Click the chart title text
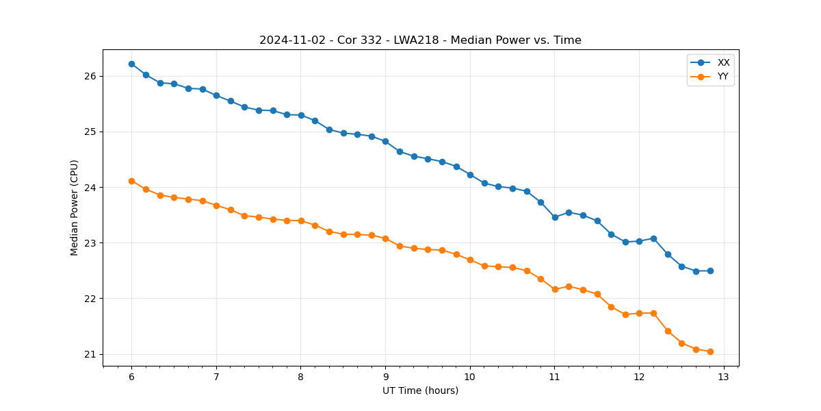(420, 40)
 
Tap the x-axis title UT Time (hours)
(420, 390)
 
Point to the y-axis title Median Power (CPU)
(75, 208)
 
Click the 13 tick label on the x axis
(724, 377)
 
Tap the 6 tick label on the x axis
(131, 377)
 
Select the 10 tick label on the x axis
(470, 377)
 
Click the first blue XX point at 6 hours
(131, 64)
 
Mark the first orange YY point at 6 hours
(131, 181)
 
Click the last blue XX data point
(710, 271)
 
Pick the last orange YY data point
(710, 351)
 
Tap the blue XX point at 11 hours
(555, 217)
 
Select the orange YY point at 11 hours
(555, 289)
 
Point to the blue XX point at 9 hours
(385, 141)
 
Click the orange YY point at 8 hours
(301, 221)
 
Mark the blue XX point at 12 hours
(639, 241)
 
